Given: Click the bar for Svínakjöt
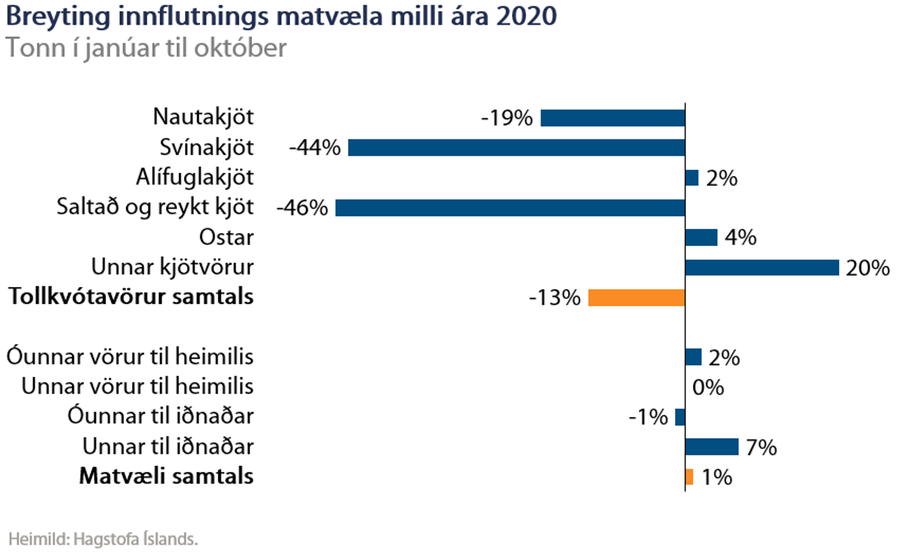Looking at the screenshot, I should click(516, 148).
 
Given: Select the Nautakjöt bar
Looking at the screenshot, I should click(613, 118).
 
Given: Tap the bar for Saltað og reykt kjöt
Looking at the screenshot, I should click(510, 208).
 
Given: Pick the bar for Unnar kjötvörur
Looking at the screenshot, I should click(762, 268).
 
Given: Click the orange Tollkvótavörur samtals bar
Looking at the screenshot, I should click(637, 298).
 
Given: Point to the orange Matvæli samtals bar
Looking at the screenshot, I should click(689, 477).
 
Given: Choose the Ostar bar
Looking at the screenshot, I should click(701, 238).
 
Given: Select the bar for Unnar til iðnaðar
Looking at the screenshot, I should click(712, 447).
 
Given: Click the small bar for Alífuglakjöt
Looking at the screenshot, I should click(692, 178).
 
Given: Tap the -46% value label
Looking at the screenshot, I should click(302, 209).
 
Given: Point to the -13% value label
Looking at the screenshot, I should click(555, 298).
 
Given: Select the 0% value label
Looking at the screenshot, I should click(709, 387).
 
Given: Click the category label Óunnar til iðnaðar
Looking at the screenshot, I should click(161, 417).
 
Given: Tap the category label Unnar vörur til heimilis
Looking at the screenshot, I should click(137, 387).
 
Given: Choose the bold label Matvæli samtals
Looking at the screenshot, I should click(166, 477).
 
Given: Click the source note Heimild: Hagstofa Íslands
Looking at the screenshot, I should click(103, 539).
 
